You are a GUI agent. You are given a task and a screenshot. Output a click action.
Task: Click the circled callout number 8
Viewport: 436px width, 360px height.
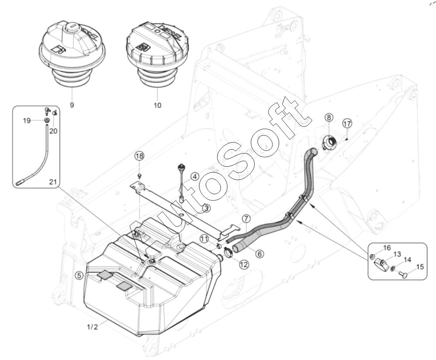329,117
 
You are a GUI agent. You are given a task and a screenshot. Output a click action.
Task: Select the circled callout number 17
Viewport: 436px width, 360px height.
347,123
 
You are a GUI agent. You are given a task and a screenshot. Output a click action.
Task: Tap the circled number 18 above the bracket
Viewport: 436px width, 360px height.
140,156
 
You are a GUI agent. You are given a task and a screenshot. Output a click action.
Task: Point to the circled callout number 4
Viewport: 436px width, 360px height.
195,176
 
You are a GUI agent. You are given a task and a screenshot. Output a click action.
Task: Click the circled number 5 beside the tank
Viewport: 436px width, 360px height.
80,276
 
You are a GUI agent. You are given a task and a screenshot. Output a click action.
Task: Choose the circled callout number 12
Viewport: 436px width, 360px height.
259,254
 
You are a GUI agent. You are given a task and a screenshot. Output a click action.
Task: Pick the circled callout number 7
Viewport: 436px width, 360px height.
246,219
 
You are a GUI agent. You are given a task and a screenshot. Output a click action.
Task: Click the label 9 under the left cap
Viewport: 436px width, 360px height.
72,105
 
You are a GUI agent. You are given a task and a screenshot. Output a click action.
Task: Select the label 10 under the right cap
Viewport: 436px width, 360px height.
157,105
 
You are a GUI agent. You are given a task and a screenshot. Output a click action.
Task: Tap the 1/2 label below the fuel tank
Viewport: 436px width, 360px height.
92,327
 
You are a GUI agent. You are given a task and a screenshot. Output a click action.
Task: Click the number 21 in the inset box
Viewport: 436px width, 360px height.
53,182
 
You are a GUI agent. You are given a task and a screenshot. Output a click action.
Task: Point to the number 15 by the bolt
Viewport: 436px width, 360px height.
420,267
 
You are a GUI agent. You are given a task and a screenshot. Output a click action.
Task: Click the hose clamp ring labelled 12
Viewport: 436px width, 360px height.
229,253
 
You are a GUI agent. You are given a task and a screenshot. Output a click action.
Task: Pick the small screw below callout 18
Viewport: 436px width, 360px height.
140,175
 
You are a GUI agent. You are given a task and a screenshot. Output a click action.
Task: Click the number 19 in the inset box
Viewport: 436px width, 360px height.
27,121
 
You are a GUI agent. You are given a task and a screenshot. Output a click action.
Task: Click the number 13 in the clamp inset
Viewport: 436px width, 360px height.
398,254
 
